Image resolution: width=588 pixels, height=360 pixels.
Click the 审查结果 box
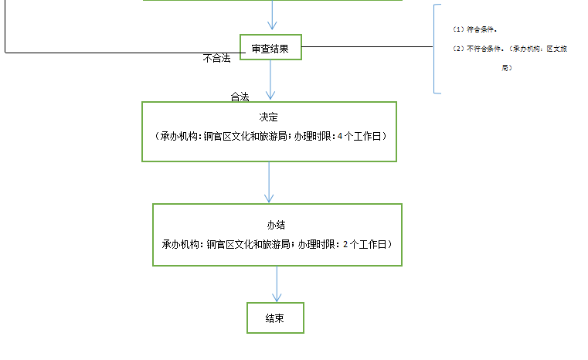pos(270,48)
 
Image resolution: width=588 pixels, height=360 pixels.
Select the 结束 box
pos(275,318)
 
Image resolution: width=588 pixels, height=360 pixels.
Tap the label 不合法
pos(216,59)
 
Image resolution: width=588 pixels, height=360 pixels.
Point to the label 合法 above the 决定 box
pos(240,97)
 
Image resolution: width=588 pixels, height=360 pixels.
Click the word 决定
pos(269,117)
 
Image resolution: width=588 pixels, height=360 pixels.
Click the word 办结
pos(277,225)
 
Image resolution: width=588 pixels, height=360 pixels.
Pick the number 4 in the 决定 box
pos(340,136)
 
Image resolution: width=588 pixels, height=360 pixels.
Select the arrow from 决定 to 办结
pos(269,182)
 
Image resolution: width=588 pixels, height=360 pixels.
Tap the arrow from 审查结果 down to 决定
pos(270,80)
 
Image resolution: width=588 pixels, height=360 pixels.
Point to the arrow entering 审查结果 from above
pos(271,15)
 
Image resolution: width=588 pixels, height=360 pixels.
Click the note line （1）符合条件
pos(475,29)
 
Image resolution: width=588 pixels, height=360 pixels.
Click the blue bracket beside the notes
pos(434,49)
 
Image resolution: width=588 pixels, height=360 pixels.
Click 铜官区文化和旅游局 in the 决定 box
pos(246,136)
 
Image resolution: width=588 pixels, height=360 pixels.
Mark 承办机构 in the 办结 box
pos(180,244)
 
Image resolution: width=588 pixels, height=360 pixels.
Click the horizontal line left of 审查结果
pos(116,53)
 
